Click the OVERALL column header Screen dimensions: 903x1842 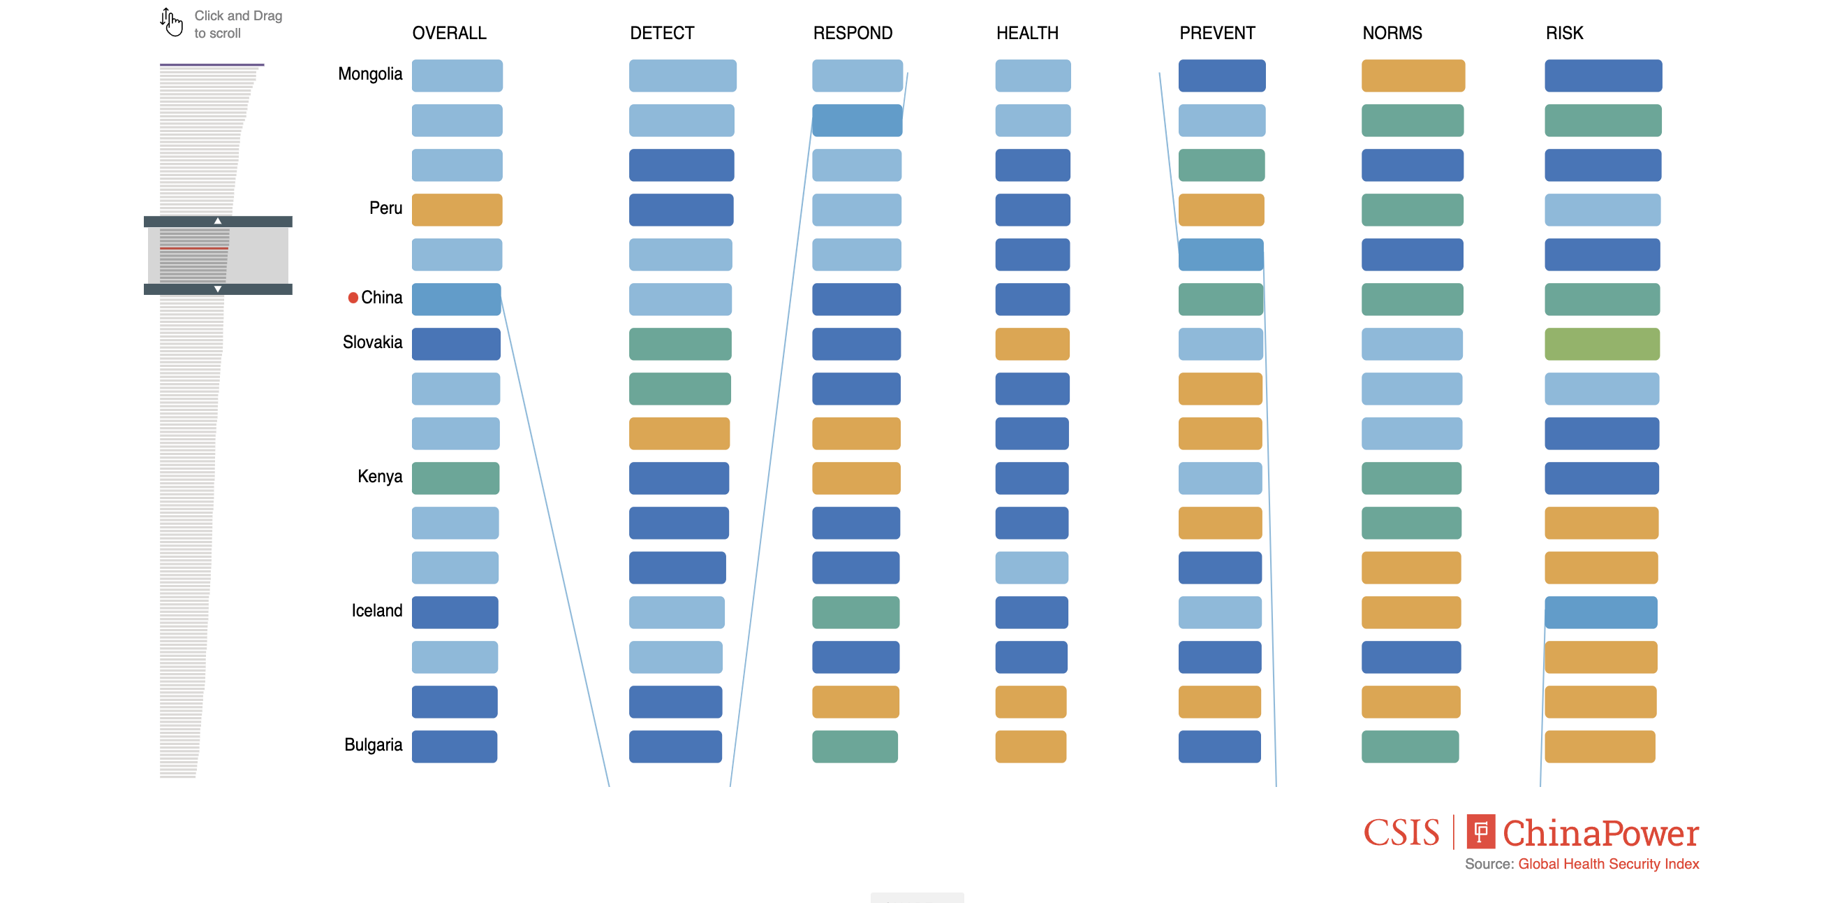coord(449,33)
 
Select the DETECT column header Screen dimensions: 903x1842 coord(661,33)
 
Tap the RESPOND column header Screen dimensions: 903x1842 coord(853,33)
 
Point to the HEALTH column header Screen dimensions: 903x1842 coord(1027,33)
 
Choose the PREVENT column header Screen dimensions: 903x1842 coord(1217,33)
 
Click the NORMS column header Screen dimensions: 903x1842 coord(1392,33)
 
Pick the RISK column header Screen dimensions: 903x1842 coord(1564,33)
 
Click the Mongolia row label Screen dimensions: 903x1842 coord(369,74)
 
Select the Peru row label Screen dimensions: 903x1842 coord(385,208)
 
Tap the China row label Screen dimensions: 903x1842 coord(381,298)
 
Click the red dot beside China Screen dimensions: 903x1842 coord(353,298)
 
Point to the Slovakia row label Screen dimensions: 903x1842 coord(372,342)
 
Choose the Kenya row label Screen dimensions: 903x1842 coord(380,477)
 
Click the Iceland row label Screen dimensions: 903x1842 coord(376,610)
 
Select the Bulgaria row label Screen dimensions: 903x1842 coord(373,745)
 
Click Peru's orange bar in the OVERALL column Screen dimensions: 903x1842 coord(457,210)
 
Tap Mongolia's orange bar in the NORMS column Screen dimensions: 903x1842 coord(1413,76)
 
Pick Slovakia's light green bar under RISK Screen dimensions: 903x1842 coord(1602,344)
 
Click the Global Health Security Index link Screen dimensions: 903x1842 coord(1608,864)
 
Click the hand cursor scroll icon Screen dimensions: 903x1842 coord(171,22)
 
